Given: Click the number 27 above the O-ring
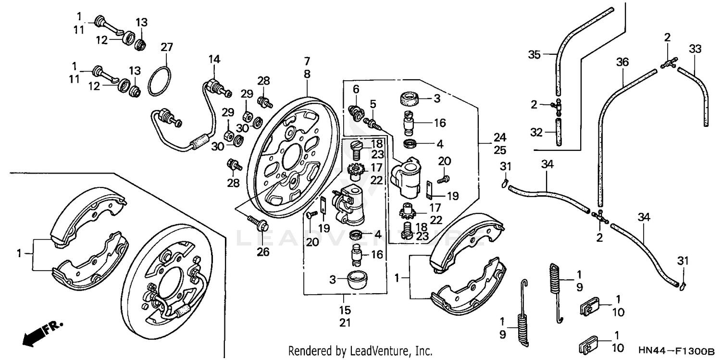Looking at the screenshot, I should pos(166,47).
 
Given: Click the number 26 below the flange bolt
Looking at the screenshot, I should pos(263,251).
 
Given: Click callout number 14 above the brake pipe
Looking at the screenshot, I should pos(214,59).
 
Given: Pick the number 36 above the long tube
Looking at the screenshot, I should pos(622,62).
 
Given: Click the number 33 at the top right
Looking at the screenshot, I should pos(695,49).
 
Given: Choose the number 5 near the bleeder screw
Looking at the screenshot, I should pos(373,103).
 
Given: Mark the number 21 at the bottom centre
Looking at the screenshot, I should pos(345,323).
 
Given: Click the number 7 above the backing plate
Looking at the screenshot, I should pos(307,62).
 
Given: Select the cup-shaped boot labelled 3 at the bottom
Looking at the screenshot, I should pos(358,280).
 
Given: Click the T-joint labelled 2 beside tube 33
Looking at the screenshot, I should pos(668,62).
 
